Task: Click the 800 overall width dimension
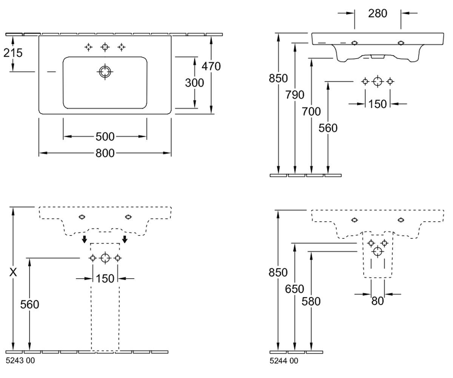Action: [x=105, y=153]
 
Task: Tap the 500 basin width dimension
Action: [x=105, y=136]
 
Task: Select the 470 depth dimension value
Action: [x=211, y=66]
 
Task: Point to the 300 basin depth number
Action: [x=194, y=83]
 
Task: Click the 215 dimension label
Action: [x=13, y=53]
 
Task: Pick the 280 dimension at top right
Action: [x=377, y=14]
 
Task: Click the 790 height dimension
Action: [x=294, y=95]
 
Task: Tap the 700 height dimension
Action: [x=311, y=112]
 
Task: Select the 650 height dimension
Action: [x=294, y=289]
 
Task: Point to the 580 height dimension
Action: [x=311, y=301]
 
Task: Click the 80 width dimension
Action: [x=377, y=301]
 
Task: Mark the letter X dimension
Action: [x=13, y=272]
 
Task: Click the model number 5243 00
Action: [x=20, y=360]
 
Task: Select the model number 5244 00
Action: [x=284, y=361]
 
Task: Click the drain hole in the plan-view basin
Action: [x=105, y=72]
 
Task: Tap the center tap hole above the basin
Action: [x=105, y=47]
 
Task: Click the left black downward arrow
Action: [x=85, y=239]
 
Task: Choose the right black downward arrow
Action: [x=125, y=239]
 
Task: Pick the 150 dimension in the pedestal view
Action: [x=105, y=279]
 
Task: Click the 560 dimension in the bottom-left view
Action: [x=29, y=304]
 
